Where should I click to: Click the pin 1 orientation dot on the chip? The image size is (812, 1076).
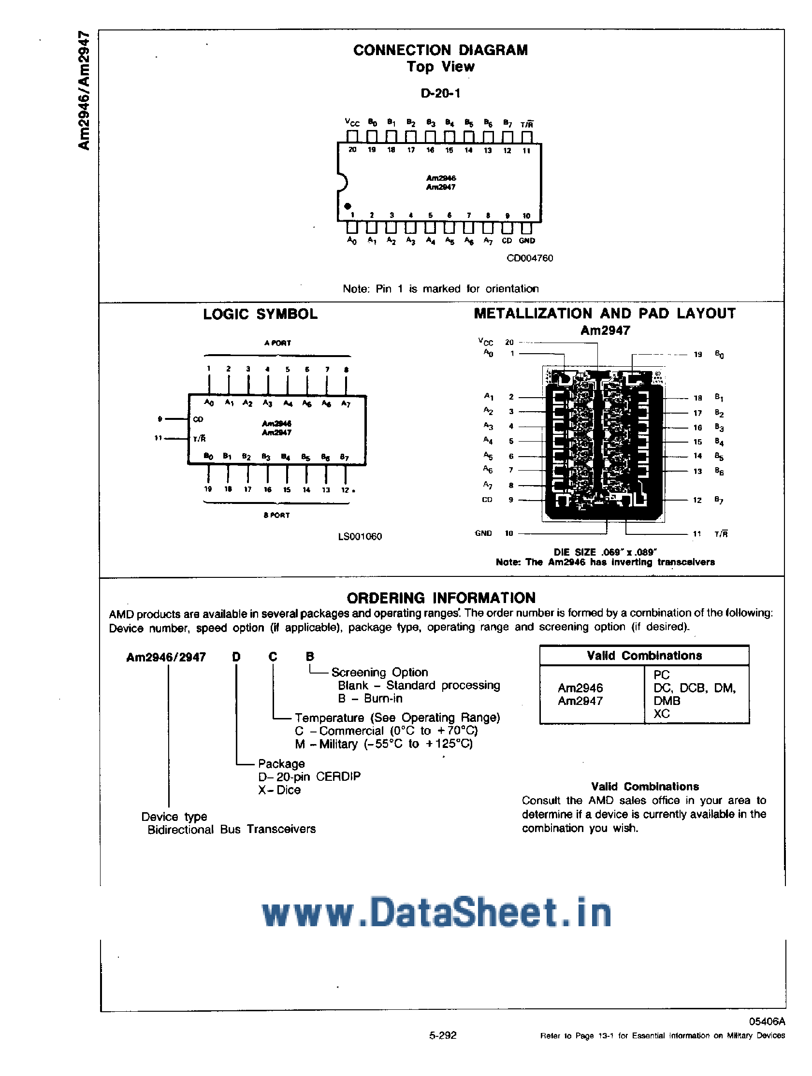pyautogui.click(x=348, y=206)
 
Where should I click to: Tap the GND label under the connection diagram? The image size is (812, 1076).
pyautogui.click(x=527, y=240)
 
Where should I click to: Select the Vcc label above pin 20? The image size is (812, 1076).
pyautogui.click(x=352, y=122)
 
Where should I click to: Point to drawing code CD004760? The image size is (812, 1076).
pyautogui.click(x=530, y=258)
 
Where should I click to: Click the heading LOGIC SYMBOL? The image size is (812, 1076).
pyautogui.click(x=261, y=314)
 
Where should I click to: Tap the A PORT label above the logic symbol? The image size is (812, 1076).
pyautogui.click(x=277, y=343)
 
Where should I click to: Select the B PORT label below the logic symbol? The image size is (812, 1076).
pyautogui.click(x=276, y=515)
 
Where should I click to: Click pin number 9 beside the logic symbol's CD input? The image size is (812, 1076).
pyautogui.click(x=160, y=419)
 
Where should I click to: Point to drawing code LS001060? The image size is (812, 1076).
pyautogui.click(x=360, y=536)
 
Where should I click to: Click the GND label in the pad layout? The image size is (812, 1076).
pyautogui.click(x=483, y=533)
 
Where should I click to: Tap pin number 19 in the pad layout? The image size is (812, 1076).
pyautogui.click(x=697, y=355)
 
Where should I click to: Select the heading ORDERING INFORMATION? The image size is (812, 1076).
pyautogui.click(x=441, y=598)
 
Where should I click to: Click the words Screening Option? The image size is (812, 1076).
pyautogui.click(x=379, y=672)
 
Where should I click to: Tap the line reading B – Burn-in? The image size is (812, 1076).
pyautogui.click(x=370, y=699)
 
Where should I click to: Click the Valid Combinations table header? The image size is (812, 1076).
pyautogui.click(x=644, y=656)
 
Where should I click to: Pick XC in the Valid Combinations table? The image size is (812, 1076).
pyautogui.click(x=662, y=714)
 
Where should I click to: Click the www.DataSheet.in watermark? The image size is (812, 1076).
pyautogui.click(x=436, y=913)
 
